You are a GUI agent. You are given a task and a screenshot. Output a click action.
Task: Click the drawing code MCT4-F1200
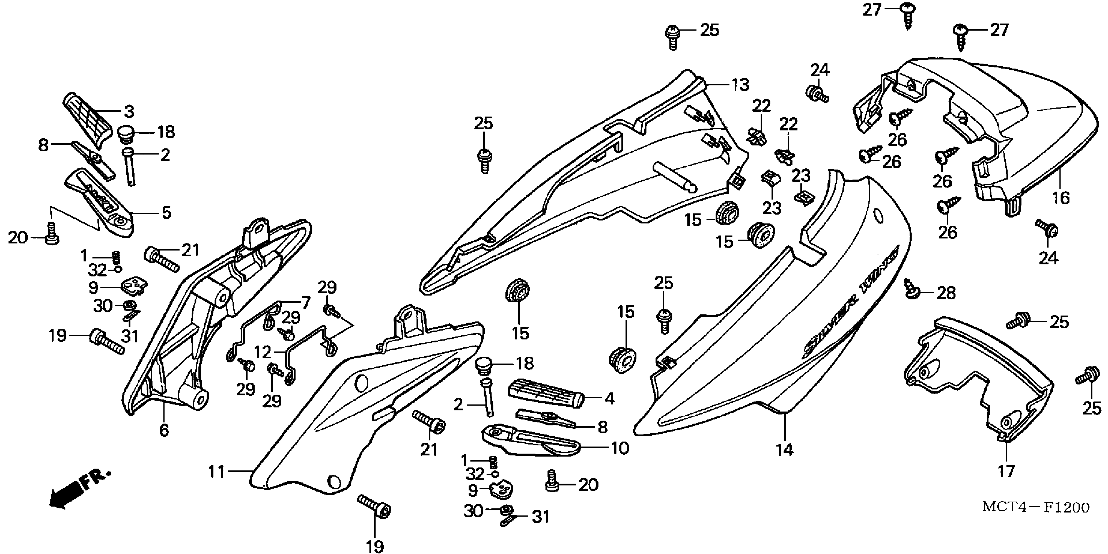click(x=1035, y=507)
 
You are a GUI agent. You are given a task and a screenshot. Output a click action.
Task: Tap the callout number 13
click(x=740, y=85)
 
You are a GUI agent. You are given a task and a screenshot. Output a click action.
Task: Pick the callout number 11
click(x=216, y=472)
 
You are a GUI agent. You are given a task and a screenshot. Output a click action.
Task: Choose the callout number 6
click(x=164, y=430)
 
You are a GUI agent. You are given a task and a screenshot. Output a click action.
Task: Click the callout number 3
click(x=129, y=111)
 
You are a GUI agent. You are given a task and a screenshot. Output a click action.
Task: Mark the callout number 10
click(x=620, y=448)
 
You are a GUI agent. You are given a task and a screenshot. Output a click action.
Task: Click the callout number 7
click(x=305, y=302)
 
